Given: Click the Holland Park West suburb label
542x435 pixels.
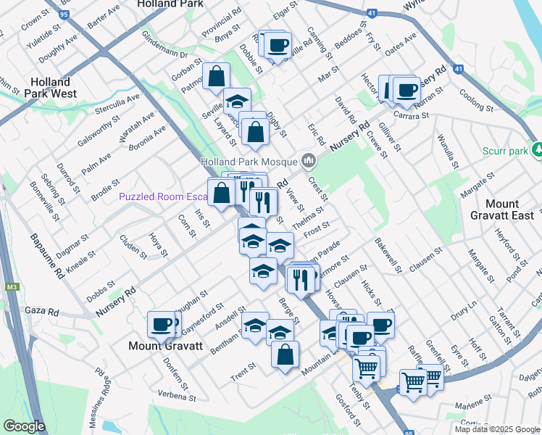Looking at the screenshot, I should (46, 88).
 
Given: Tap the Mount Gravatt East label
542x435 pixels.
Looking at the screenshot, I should (512, 210).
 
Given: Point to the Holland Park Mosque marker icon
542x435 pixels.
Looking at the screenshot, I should (309, 160).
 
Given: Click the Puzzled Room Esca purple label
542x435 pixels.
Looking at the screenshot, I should (164, 196).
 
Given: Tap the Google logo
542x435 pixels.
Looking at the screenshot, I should (24, 426).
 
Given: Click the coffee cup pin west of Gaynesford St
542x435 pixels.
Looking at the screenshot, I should (162, 324).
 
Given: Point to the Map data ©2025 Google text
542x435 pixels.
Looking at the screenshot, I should (496, 428).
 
